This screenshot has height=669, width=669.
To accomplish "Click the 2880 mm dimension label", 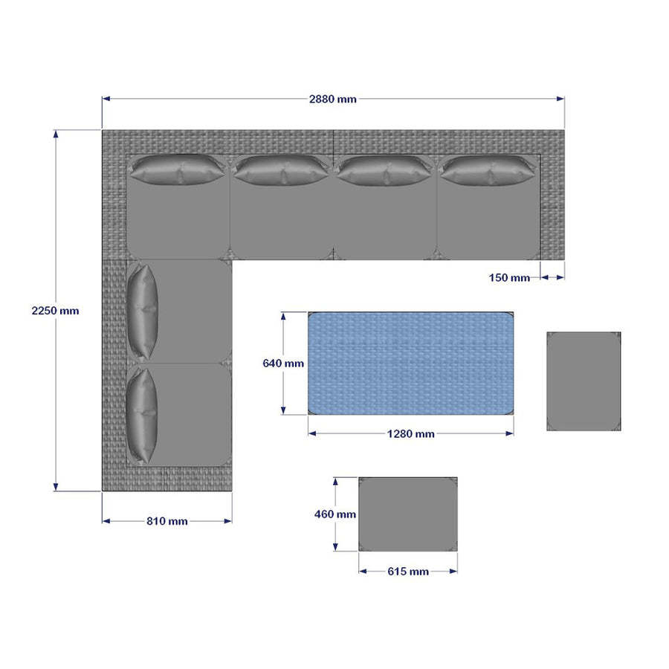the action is [x=333, y=99].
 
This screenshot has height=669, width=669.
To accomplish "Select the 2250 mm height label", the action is [x=56, y=311].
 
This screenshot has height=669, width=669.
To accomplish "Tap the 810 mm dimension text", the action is [x=167, y=521].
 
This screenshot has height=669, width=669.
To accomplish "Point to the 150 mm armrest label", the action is [x=509, y=278].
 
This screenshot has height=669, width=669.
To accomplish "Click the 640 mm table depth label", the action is [x=283, y=363].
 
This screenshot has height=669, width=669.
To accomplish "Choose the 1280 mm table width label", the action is [x=411, y=434].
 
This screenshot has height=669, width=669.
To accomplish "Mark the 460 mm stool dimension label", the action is [x=335, y=514].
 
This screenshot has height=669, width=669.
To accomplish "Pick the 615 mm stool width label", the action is [x=408, y=572].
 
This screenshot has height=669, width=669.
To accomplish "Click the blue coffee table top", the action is [x=411, y=363].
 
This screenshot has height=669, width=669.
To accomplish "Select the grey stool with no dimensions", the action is [x=584, y=381].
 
